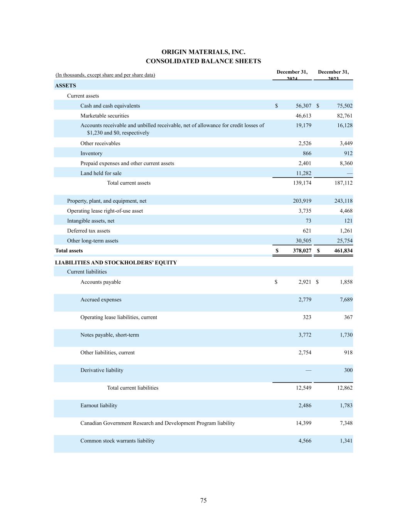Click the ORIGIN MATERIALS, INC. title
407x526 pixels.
pyautogui.click(x=203, y=52)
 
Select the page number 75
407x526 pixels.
pyautogui.click(x=203, y=500)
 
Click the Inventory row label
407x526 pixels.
pyautogui.click(x=91, y=153)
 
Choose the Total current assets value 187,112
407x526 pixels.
pyautogui.click(x=343, y=183)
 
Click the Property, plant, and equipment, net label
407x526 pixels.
pyautogui.click(x=106, y=201)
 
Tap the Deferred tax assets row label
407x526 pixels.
pyautogui.click(x=88, y=231)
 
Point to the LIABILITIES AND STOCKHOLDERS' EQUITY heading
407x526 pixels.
pyautogui.click(x=116, y=262)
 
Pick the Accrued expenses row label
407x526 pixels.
pyautogui.click(x=101, y=300)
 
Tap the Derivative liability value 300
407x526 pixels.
pyautogui.click(x=348, y=370)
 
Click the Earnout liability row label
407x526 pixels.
pyautogui.click(x=99, y=405)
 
